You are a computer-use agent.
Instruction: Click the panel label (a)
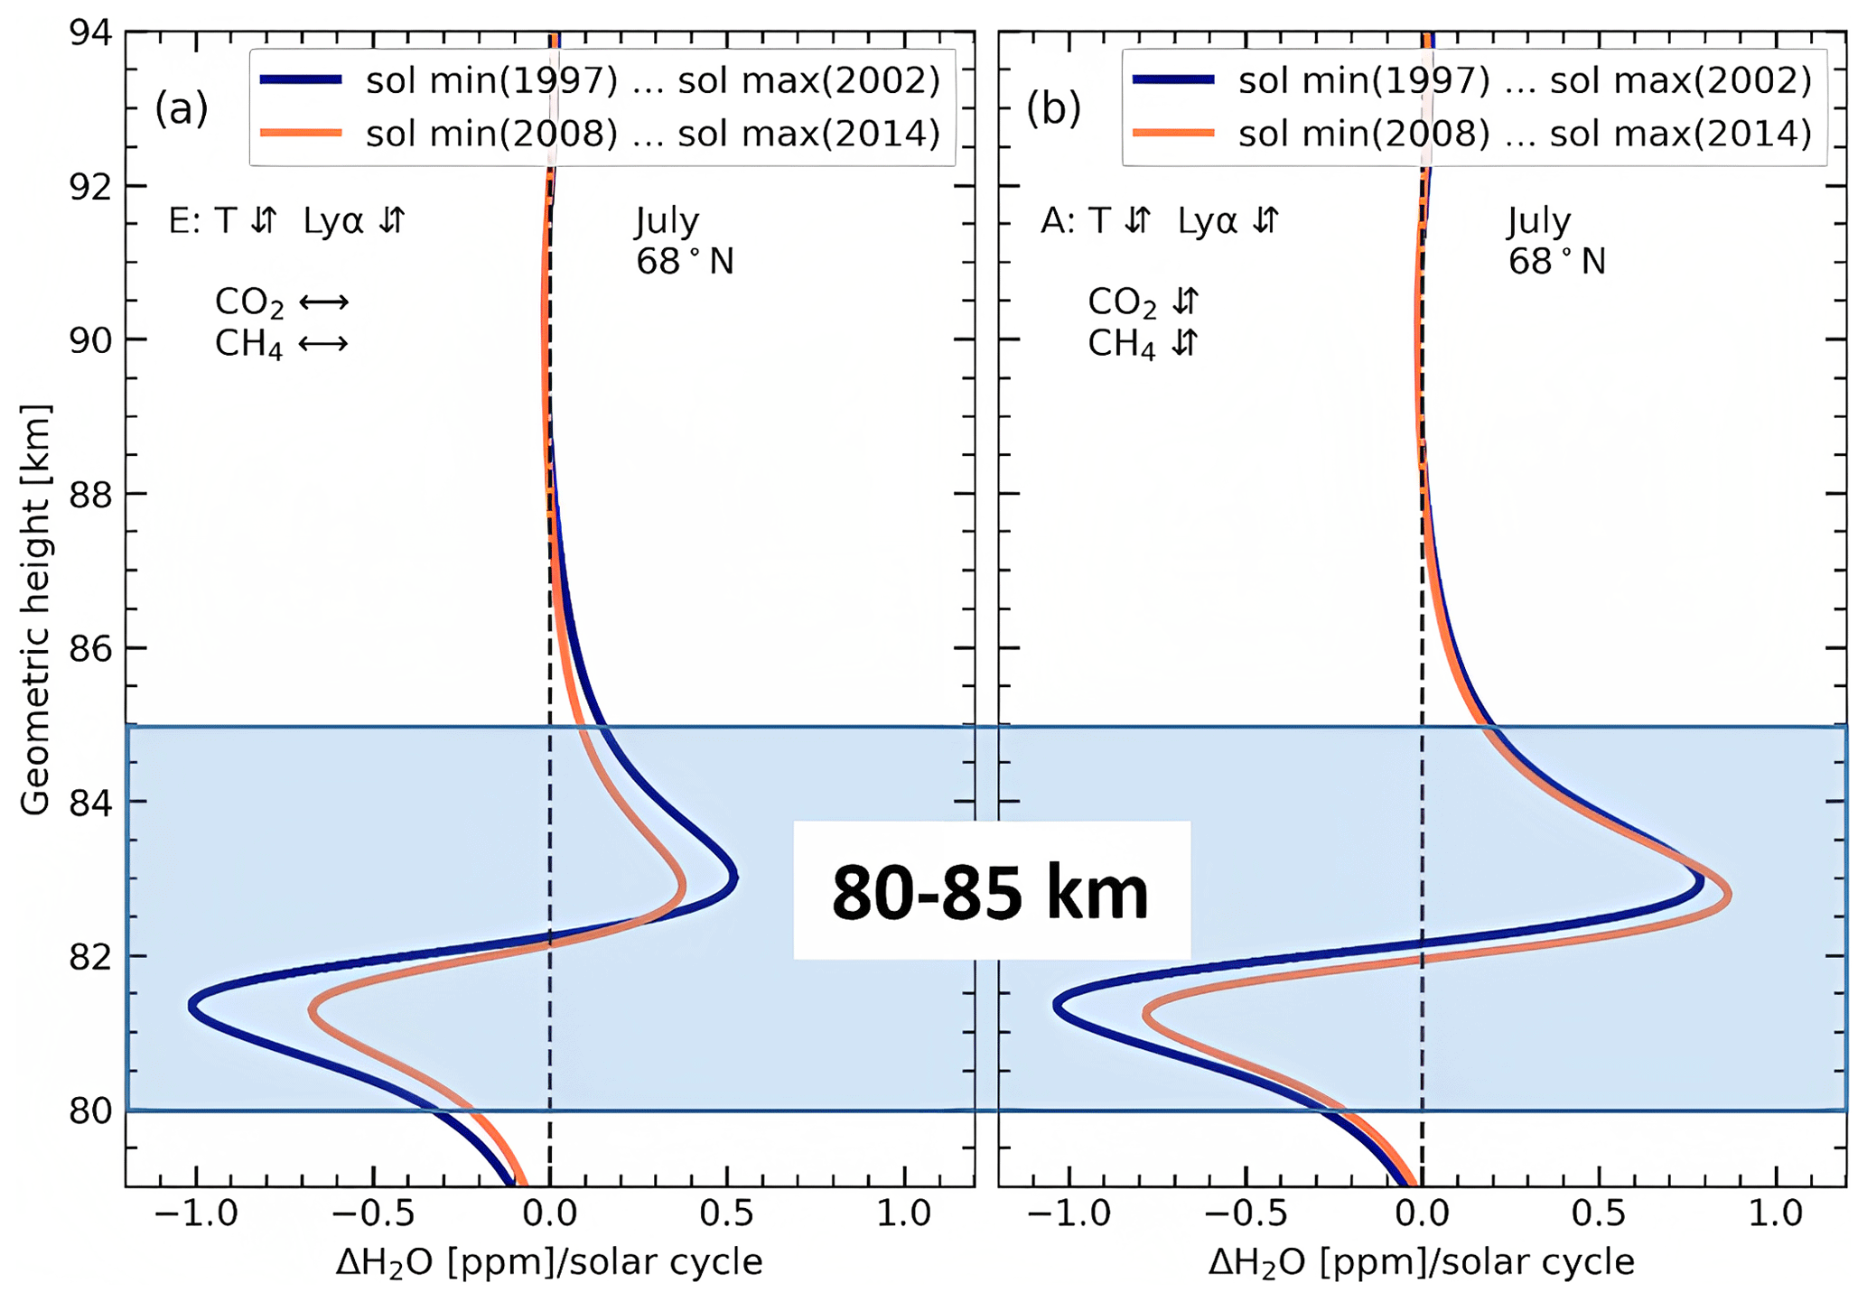coord(181,108)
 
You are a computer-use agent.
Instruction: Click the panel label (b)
coord(1053,108)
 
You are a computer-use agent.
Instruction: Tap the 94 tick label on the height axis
coord(91,33)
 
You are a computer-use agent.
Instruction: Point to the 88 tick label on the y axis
coord(91,495)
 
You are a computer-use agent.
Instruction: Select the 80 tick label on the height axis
coord(91,1110)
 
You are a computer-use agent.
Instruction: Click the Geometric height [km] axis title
coord(35,609)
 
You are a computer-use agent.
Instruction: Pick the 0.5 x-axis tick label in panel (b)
coord(1599,1213)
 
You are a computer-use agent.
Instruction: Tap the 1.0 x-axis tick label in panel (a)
coord(905,1213)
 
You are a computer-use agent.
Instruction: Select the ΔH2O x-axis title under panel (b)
coord(1422,1262)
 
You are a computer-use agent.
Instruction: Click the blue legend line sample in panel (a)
coord(301,80)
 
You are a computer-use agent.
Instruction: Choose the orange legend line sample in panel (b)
coord(1173,134)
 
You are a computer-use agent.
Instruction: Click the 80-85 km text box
coord(991,892)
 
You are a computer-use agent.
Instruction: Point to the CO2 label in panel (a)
coord(249,302)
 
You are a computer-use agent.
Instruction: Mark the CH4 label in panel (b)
coord(1121,344)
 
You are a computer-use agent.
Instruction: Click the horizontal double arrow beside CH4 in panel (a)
coord(322,344)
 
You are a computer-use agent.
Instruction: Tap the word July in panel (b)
coord(1539,221)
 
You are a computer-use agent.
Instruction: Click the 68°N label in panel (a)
coord(685,262)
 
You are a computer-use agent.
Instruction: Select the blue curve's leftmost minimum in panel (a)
coord(191,1005)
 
